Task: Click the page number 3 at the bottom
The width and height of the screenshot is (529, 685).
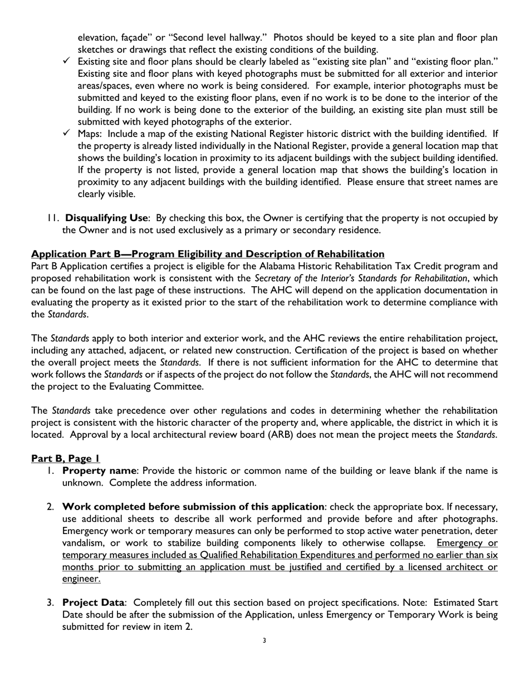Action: coord(264,640)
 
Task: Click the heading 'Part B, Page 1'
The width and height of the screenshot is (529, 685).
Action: coord(66,458)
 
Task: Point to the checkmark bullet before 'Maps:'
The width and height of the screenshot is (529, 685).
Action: coord(66,133)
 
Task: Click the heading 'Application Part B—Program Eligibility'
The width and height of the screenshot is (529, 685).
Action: coord(208,254)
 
